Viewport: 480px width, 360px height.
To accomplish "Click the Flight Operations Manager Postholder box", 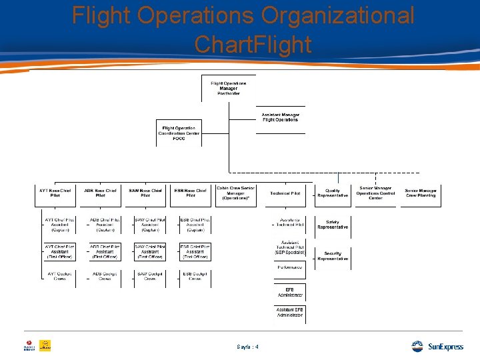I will (229, 88).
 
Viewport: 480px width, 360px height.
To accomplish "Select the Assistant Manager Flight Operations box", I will (280, 117).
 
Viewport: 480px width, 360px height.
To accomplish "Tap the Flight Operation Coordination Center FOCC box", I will (179, 133).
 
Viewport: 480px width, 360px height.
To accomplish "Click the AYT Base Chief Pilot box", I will (55, 193).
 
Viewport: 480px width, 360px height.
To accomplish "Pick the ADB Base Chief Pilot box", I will (100, 193).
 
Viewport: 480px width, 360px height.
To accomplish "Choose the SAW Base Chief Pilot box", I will (145, 193).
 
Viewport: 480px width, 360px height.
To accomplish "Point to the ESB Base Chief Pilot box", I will (191, 193).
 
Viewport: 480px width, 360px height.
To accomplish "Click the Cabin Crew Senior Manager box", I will (235, 193).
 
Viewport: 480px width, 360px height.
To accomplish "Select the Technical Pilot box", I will (285, 193).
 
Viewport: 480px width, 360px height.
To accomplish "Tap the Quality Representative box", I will (333, 193).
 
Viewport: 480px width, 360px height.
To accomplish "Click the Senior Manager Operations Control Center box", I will (375, 193).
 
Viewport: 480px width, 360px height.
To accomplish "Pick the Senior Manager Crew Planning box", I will (420, 193).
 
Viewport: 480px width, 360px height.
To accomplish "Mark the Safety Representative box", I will (333, 225).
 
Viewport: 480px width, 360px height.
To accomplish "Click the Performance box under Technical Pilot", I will (290, 267).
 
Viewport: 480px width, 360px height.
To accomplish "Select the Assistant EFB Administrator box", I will (290, 312).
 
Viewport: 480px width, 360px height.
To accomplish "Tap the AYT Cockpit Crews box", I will (59, 276).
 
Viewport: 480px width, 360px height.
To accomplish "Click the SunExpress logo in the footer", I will (437, 347).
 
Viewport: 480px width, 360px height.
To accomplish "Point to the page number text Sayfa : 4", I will (247, 347).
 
